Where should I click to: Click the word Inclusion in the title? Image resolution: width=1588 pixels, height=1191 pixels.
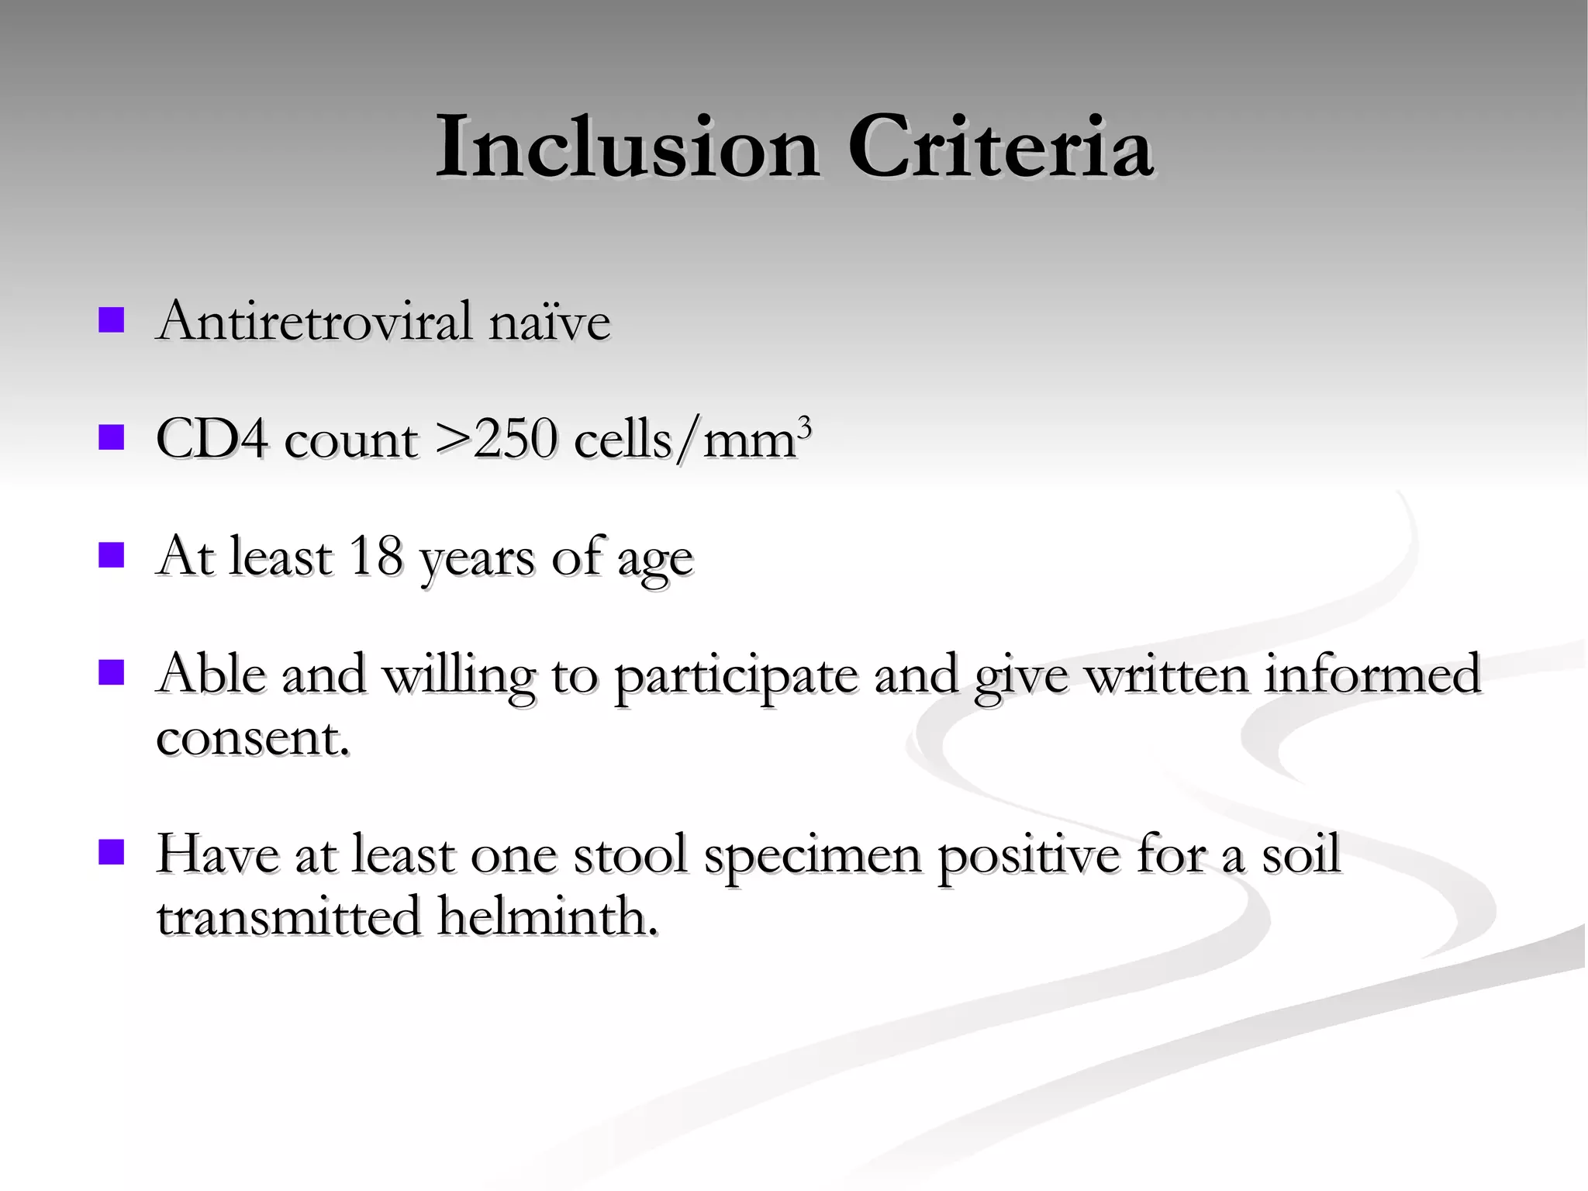(627, 147)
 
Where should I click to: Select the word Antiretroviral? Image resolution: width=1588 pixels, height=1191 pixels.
(313, 321)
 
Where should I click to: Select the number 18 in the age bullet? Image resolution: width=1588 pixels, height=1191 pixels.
(376, 556)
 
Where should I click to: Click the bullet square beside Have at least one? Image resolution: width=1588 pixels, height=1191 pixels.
(112, 852)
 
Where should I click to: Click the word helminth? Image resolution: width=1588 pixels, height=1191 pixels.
(546, 917)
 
